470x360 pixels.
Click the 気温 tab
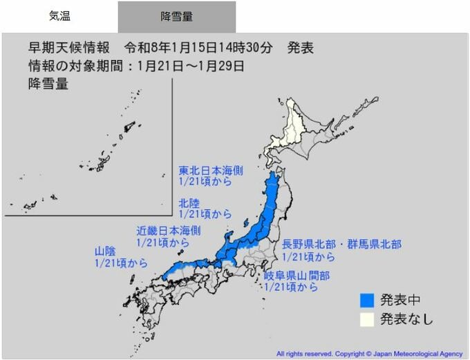pos(59,16)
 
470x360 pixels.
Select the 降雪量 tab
pos(176,17)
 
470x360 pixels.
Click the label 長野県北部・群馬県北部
pos(341,245)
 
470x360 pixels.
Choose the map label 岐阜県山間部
pos(296,275)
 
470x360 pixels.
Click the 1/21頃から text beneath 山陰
pos(120,263)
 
